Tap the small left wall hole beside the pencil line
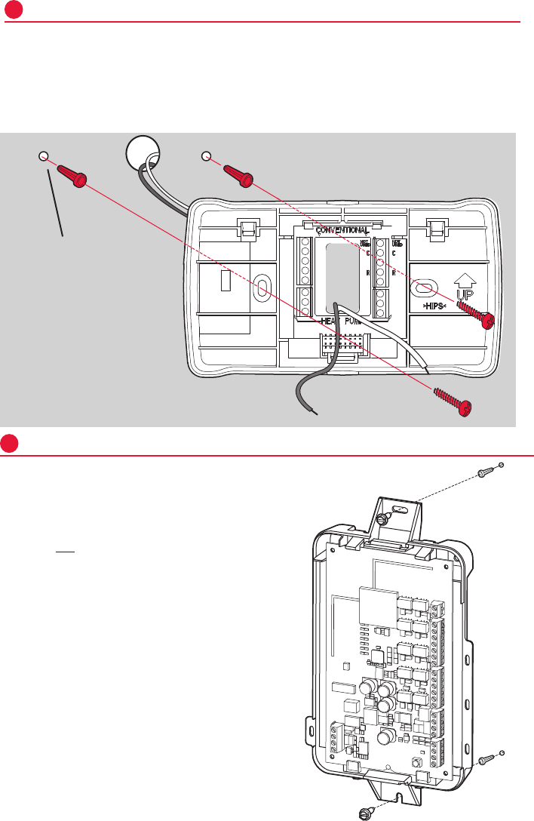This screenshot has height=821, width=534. click(43, 156)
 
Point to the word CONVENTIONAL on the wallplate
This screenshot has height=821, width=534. click(342, 229)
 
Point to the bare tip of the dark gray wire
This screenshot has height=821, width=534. click(315, 413)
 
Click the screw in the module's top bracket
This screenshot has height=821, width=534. click(385, 519)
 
